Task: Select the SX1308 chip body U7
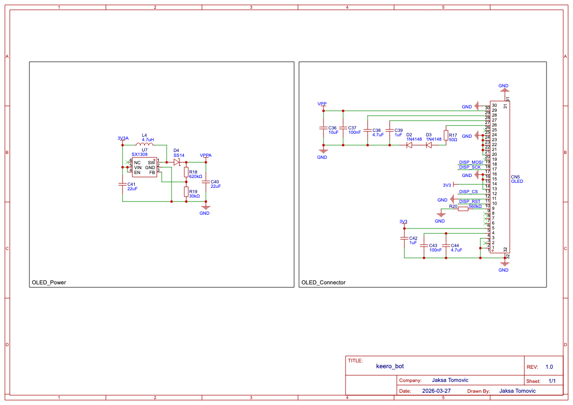click(x=145, y=167)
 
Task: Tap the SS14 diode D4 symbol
click(x=177, y=162)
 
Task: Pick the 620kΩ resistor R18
click(x=186, y=172)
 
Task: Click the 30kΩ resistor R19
click(x=186, y=191)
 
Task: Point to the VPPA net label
click(x=206, y=155)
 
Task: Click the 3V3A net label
click(x=123, y=138)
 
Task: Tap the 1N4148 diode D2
click(x=409, y=145)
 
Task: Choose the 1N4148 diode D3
click(x=428, y=145)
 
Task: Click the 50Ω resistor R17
click(x=446, y=135)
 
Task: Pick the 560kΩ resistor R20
click(x=463, y=208)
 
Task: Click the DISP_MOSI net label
click(x=471, y=162)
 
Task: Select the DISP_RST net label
click(x=470, y=201)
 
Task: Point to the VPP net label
click(x=322, y=104)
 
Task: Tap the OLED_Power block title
click(x=49, y=282)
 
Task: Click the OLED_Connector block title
click(x=323, y=282)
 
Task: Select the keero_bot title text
click(x=390, y=366)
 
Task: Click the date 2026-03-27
click(x=436, y=391)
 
